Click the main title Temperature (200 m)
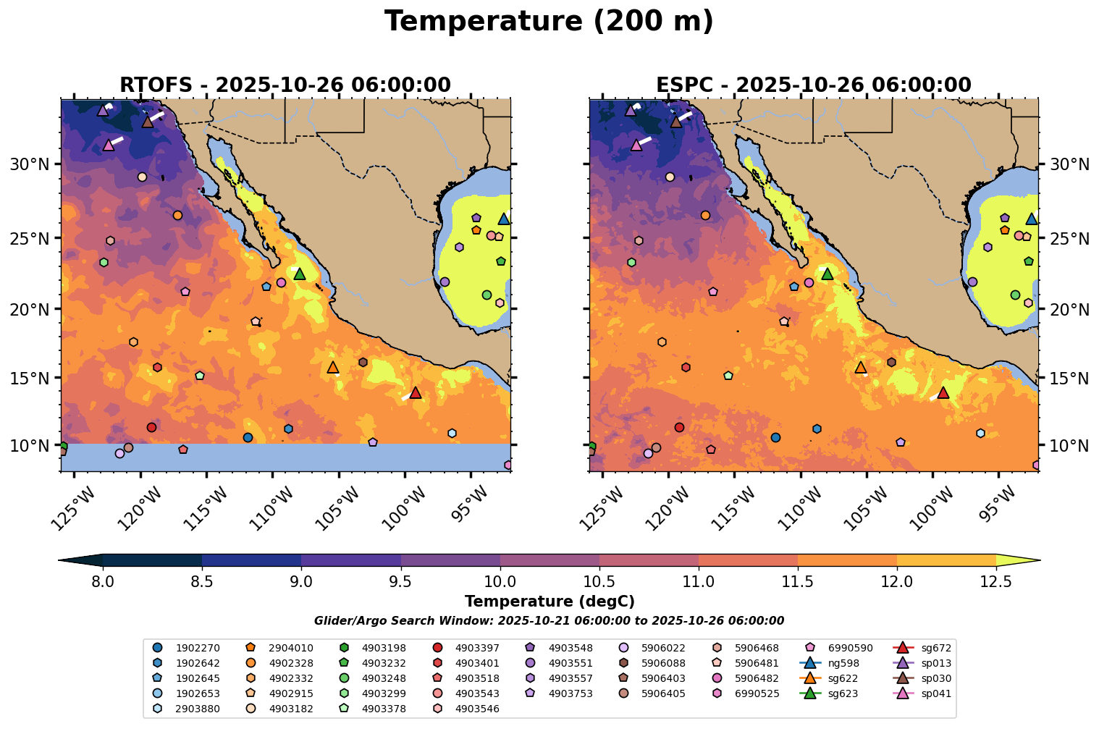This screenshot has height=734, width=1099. (x=549, y=22)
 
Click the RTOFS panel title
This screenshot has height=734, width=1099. (x=285, y=85)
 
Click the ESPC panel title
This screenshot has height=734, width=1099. (x=813, y=85)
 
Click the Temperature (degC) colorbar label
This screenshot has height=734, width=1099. (x=549, y=602)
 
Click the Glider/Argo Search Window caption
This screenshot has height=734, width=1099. (x=549, y=621)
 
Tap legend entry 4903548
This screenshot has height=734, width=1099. (x=569, y=648)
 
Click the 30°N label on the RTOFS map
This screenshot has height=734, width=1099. (x=30, y=164)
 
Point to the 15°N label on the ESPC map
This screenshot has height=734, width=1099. (x=1069, y=379)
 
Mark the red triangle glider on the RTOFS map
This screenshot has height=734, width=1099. (x=415, y=393)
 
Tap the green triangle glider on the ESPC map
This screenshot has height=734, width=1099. (x=828, y=274)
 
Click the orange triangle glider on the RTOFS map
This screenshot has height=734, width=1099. (x=333, y=368)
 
